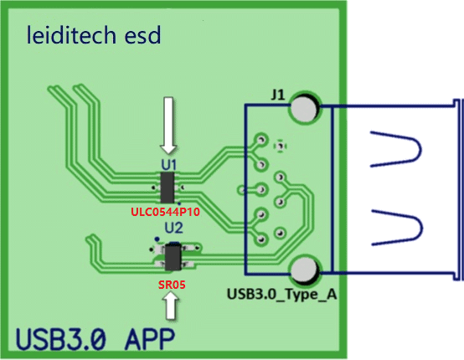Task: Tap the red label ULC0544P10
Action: tap(168, 212)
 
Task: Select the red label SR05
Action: tap(173, 285)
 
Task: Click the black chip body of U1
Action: tap(168, 186)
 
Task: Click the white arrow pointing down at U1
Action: tap(169, 124)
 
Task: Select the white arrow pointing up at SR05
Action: tap(173, 307)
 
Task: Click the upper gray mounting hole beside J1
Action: tap(305, 108)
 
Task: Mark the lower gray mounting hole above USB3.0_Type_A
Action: tap(305, 271)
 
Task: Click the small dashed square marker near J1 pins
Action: tap(281, 145)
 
